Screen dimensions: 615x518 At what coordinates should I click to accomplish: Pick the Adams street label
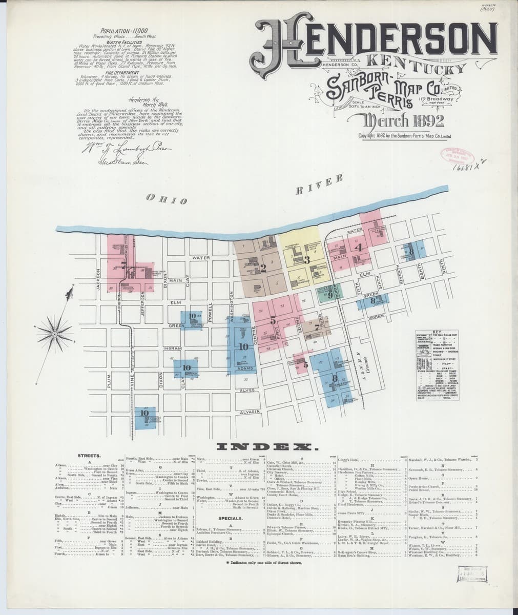(246, 369)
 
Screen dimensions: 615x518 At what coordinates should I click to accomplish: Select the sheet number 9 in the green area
(331, 295)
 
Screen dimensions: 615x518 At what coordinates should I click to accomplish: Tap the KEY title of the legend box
(437, 332)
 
